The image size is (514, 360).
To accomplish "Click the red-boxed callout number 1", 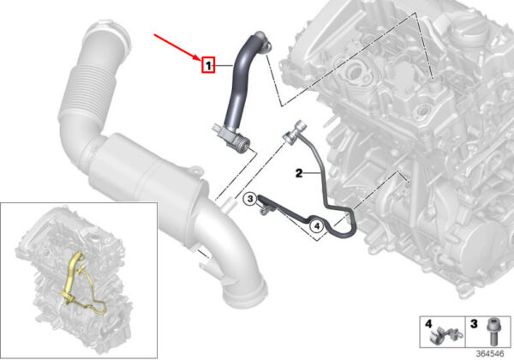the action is click(x=208, y=65).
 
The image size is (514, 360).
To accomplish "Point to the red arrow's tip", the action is click(x=200, y=60).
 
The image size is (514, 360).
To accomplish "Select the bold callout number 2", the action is click(x=299, y=173).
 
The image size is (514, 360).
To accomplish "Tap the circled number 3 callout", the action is click(x=250, y=199).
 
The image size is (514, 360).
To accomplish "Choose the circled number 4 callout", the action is click(x=316, y=225).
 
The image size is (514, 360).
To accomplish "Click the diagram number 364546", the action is click(x=490, y=354).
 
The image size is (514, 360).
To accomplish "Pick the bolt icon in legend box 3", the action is click(x=493, y=331).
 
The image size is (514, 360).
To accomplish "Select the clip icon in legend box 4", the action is click(x=445, y=334).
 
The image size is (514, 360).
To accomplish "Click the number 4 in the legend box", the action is click(x=428, y=324).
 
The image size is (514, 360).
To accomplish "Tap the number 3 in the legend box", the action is click(x=474, y=324).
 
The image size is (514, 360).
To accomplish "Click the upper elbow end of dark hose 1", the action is click(x=262, y=42).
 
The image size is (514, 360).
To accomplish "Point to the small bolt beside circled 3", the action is click(x=264, y=210).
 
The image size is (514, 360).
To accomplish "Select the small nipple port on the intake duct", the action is click(x=229, y=204).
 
